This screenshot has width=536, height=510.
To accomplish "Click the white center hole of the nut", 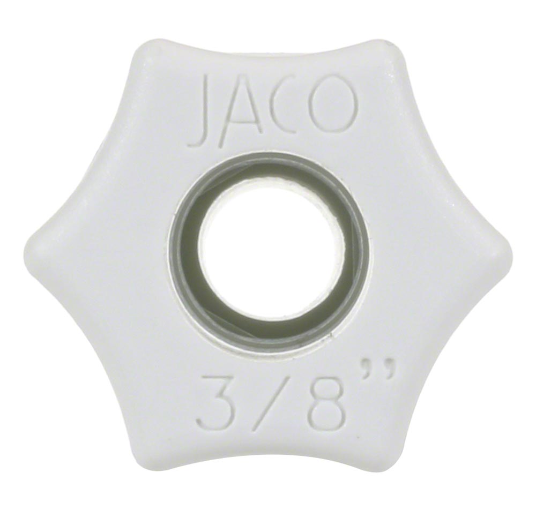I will pyautogui.click(x=271, y=252).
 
